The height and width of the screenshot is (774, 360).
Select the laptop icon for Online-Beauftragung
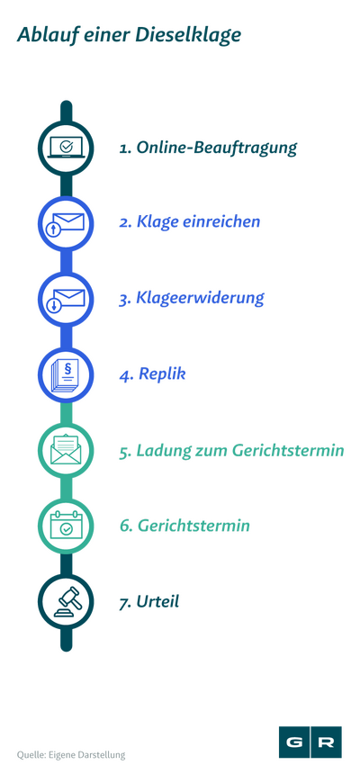(x=67, y=148)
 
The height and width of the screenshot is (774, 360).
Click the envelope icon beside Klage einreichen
(x=67, y=223)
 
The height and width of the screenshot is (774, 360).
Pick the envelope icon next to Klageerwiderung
(x=67, y=300)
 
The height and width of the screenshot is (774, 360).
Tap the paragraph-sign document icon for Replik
(x=67, y=375)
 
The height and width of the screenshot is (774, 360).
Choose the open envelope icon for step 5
(x=67, y=450)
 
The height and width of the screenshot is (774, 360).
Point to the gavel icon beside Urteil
(x=67, y=601)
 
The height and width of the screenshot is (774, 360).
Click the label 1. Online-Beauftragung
(x=208, y=148)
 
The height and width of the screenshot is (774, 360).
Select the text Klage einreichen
(x=198, y=222)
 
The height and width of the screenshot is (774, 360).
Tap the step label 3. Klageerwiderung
(x=192, y=298)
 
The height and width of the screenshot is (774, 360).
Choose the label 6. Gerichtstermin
(x=184, y=526)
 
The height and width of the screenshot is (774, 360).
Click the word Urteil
(x=157, y=602)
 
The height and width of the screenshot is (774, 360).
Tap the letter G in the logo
(x=294, y=742)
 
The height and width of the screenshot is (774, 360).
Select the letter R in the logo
(x=326, y=742)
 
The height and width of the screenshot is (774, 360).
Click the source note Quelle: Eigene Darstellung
(x=71, y=755)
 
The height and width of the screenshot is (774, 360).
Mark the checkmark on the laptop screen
(x=66, y=146)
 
